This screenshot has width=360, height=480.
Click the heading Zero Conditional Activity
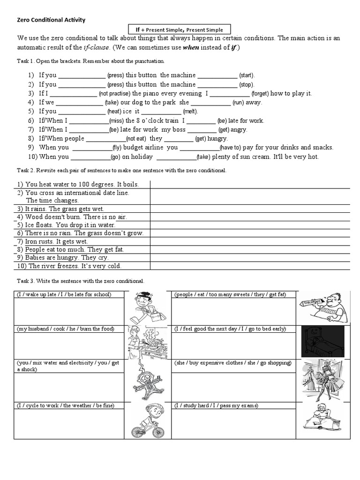tap(52, 20)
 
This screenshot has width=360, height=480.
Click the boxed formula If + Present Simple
tap(180, 30)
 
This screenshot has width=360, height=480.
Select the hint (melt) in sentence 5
tap(190, 112)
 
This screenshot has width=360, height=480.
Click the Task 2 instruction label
tap(121, 170)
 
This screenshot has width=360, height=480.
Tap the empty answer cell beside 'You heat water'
tap(250, 184)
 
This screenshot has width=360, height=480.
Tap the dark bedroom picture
tap(323, 342)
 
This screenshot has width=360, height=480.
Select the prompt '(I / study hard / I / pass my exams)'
tap(216, 405)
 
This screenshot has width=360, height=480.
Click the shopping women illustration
tap(323, 380)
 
